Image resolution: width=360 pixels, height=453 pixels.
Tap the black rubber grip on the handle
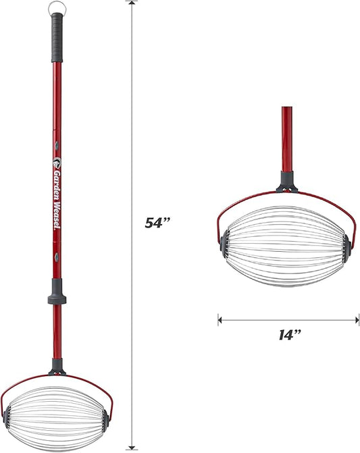point(57,38)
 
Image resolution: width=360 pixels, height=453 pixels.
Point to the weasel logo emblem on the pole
point(57,162)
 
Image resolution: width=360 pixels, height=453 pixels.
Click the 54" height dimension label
point(158,223)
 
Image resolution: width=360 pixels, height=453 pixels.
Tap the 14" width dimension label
point(290,335)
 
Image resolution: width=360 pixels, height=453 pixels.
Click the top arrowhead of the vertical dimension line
point(132,3)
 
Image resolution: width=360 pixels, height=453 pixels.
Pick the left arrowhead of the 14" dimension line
point(220,320)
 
